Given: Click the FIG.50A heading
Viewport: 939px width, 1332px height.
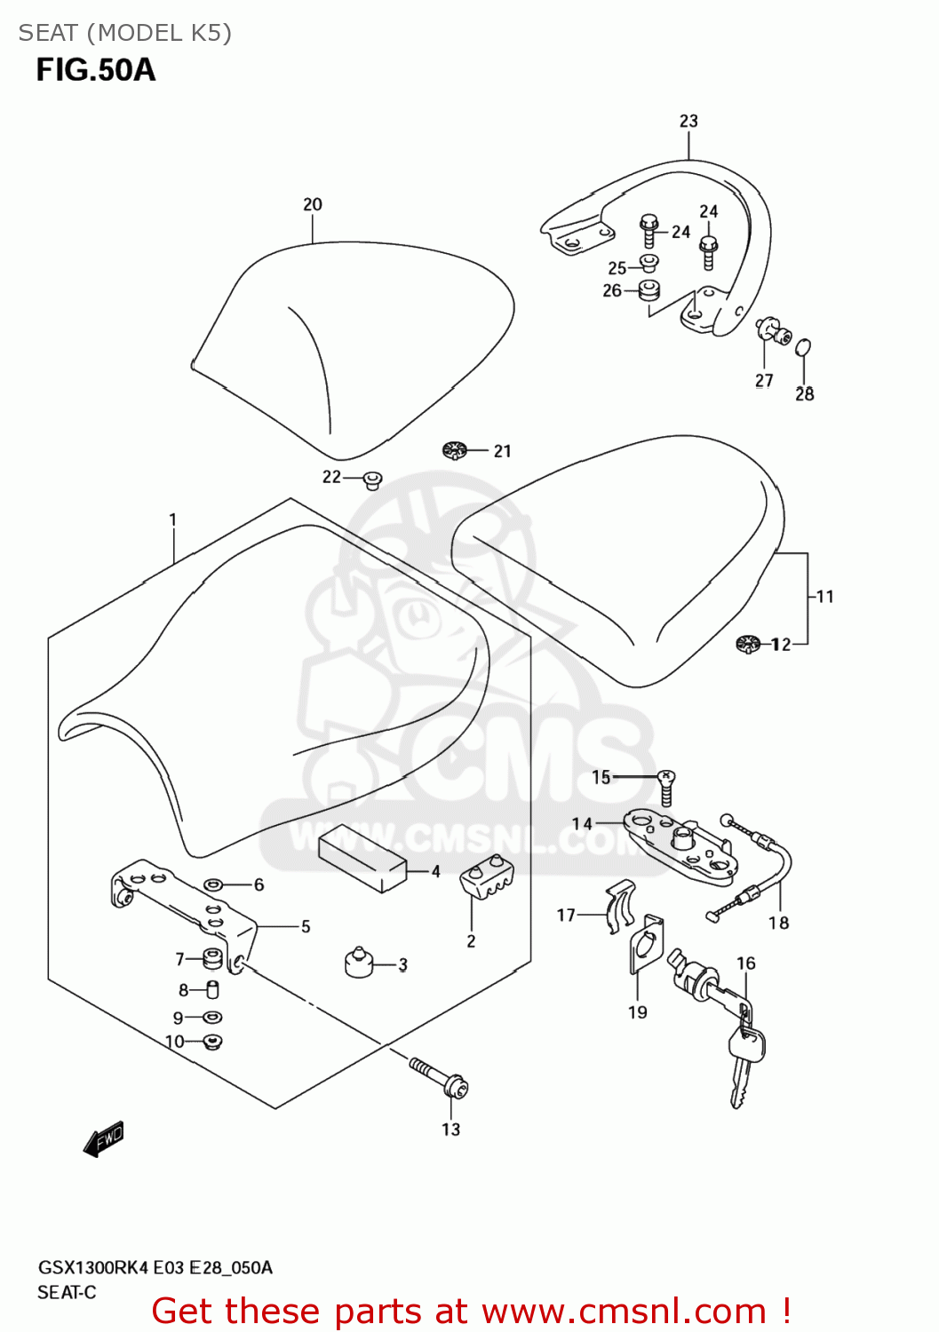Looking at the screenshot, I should [x=96, y=70].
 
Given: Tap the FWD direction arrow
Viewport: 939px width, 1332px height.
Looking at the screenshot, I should [x=104, y=1138].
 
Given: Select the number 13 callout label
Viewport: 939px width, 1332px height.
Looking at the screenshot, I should [x=451, y=1130].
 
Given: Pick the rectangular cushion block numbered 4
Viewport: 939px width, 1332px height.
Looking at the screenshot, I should [x=362, y=857].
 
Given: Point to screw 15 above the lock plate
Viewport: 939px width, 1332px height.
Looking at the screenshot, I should [x=666, y=787].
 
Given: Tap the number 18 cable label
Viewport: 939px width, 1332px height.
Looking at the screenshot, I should [x=779, y=924].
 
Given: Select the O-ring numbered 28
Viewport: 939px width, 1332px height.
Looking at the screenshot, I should [x=803, y=347].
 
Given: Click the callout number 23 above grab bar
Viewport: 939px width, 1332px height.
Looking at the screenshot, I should [x=689, y=121].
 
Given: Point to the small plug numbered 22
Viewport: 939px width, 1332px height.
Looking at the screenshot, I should [x=373, y=480].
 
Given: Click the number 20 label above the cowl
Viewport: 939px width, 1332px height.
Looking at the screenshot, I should [x=313, y=204].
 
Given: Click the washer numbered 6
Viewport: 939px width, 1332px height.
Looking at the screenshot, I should [x=213, y=884].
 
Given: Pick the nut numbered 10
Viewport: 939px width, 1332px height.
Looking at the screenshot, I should [x=212, y=1042].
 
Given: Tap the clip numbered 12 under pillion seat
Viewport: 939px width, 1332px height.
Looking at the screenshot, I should [x=749, y=643].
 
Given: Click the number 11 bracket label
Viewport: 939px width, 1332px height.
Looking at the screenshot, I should [x=825, y=597].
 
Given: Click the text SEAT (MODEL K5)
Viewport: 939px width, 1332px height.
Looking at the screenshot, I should [x=125, y=33].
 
